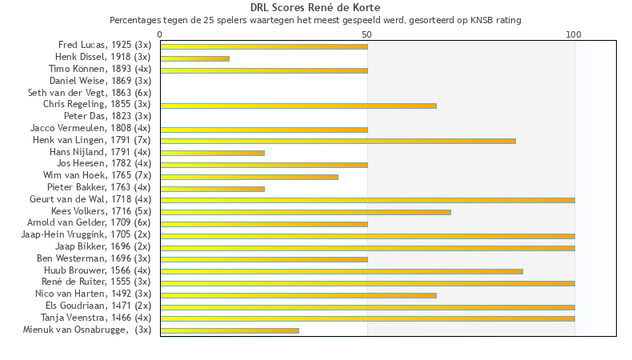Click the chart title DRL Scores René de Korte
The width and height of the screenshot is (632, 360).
[315, 7]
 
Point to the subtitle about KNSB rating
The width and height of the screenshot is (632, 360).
[315, 19]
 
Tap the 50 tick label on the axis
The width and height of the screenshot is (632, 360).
[367, 34]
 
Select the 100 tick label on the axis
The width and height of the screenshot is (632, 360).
[574, 34]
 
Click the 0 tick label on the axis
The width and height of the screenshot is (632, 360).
[160, 34]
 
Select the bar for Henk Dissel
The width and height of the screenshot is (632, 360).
[194, 58]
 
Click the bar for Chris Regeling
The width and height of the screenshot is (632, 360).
[298, 105]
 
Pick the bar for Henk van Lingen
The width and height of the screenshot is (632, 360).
[338, 141]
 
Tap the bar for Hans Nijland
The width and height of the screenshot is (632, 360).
[212, 152]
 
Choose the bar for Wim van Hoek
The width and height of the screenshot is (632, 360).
[249, 176]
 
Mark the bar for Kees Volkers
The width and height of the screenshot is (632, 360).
[306, 212]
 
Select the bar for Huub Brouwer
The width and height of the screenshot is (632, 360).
[342, 271]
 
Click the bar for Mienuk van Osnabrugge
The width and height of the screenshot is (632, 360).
[230, 330]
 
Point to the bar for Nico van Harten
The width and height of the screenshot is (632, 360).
[298, 294]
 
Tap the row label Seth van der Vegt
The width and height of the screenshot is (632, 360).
[90, 93]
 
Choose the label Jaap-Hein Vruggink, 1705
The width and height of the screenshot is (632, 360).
[86, 235]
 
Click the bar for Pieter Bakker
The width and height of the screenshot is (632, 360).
[212, 188]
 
